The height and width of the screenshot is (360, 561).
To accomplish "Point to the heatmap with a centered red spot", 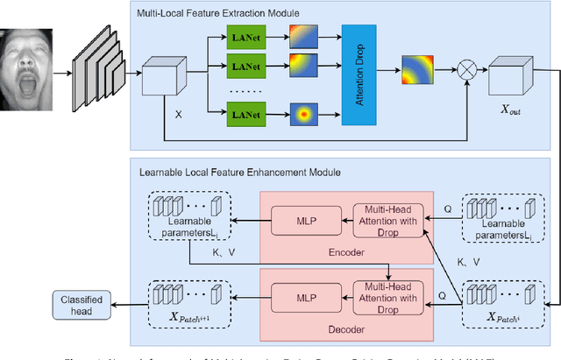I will (304, 114).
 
